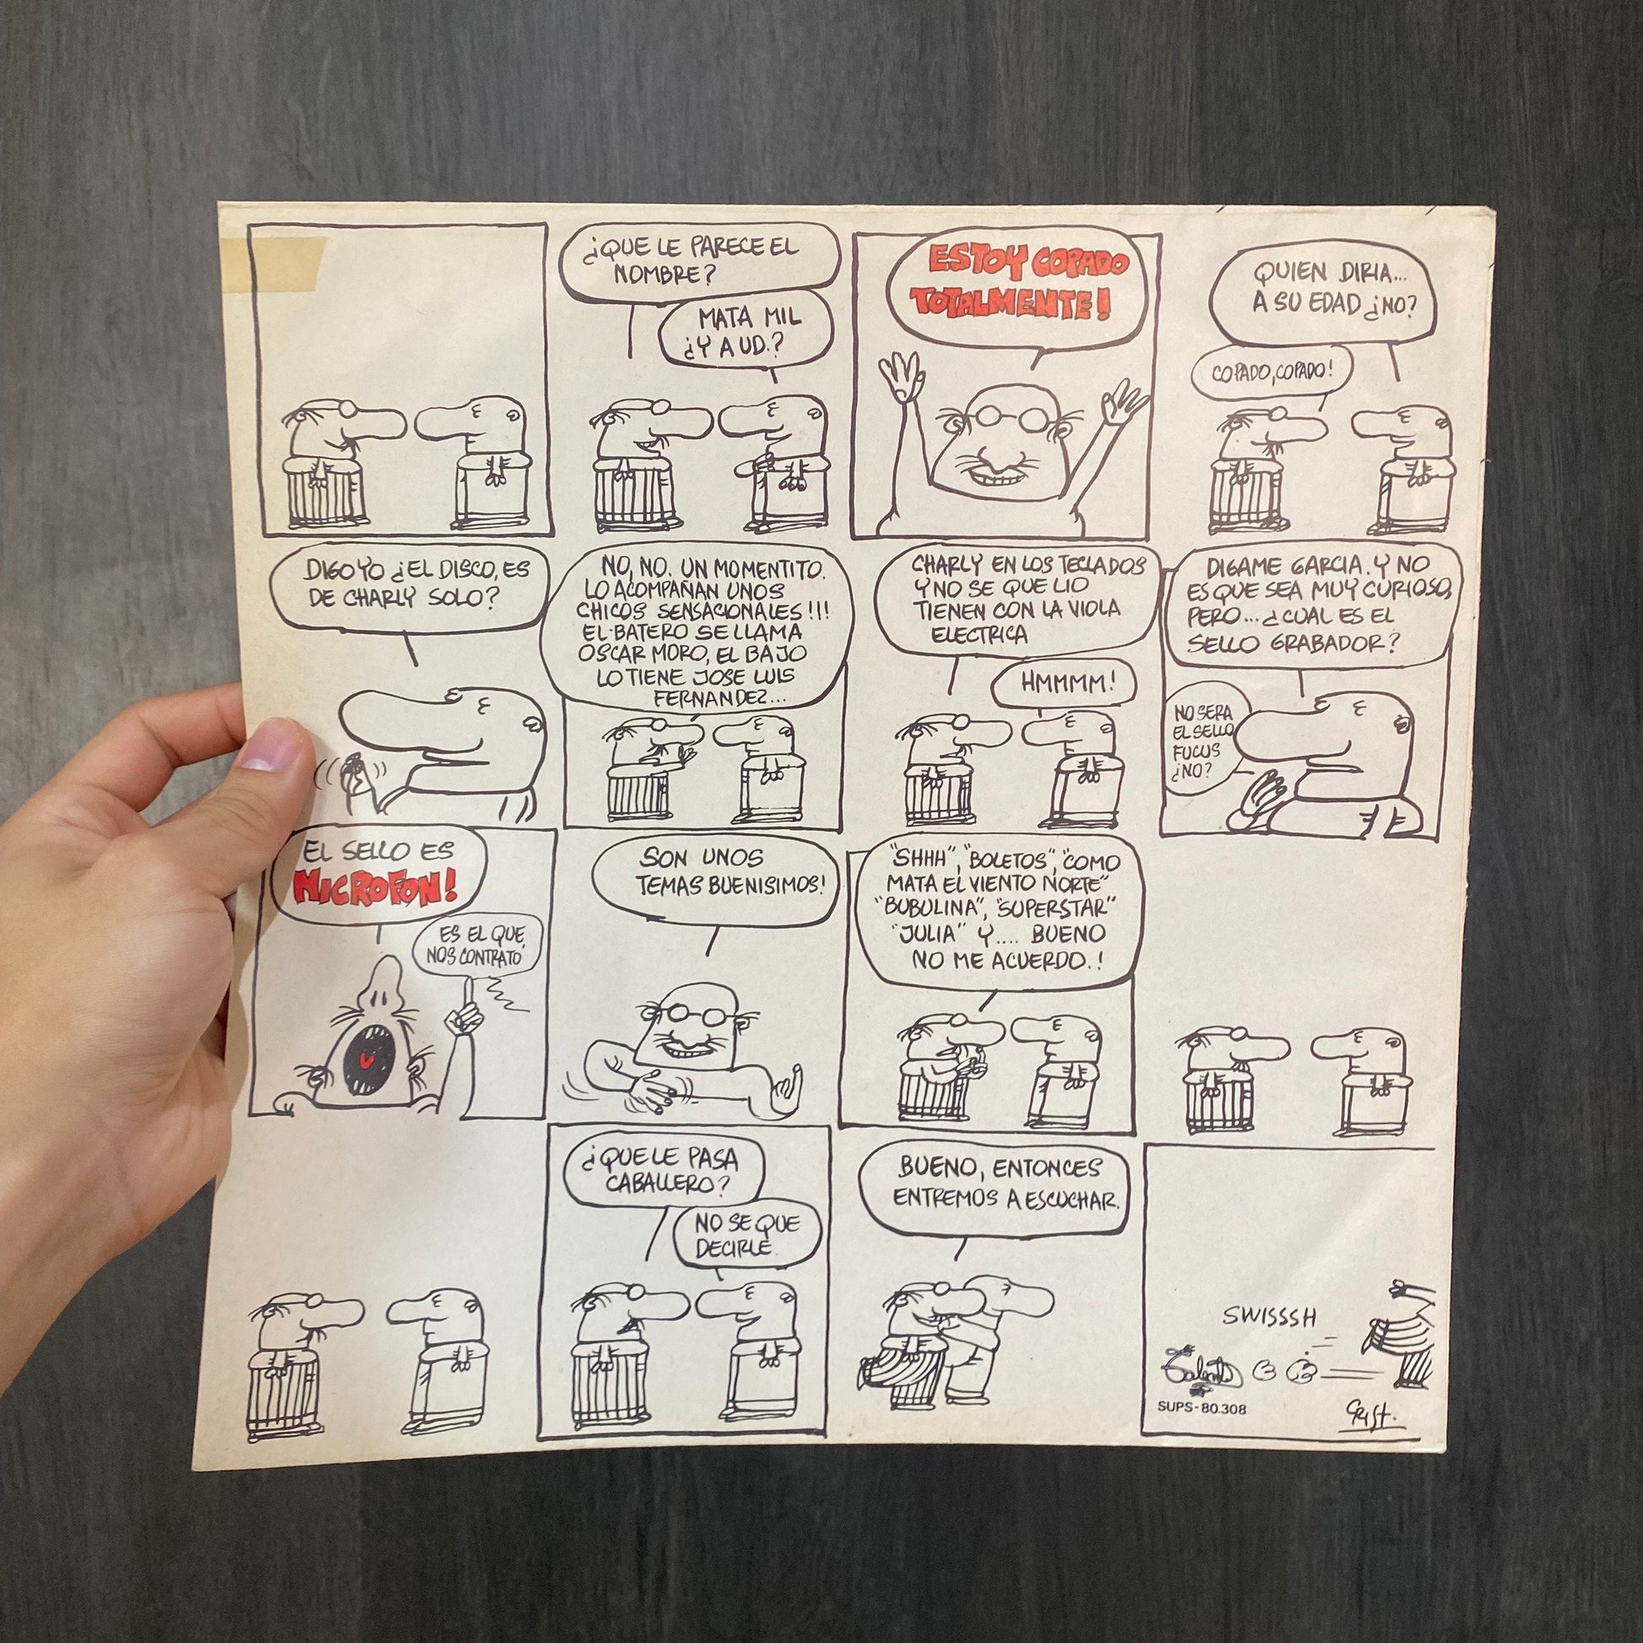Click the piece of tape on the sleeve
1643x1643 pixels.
tap(271, 263)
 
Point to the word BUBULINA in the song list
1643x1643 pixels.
tap(929, 905)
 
